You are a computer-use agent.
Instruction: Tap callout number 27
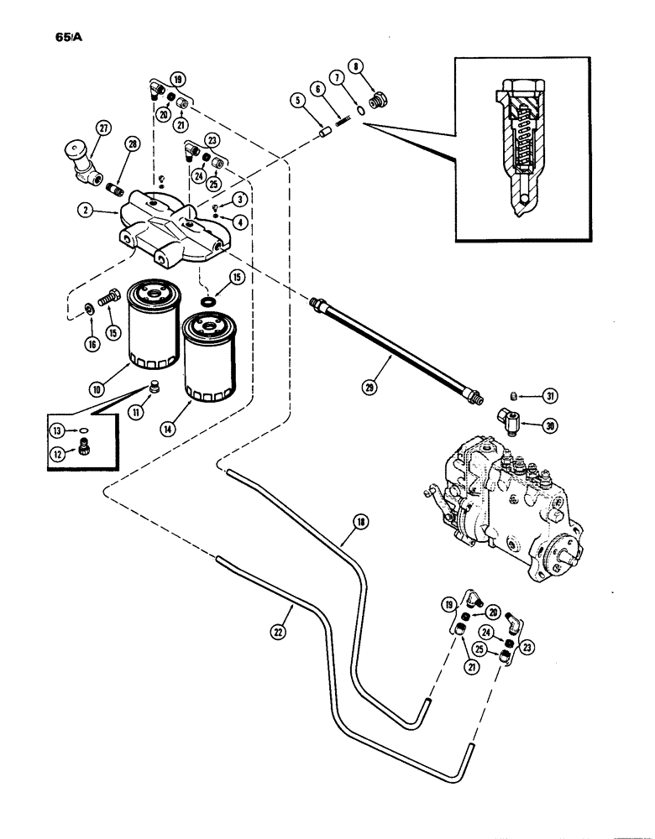click(102, 128)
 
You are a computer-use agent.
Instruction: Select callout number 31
click(549, 395)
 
